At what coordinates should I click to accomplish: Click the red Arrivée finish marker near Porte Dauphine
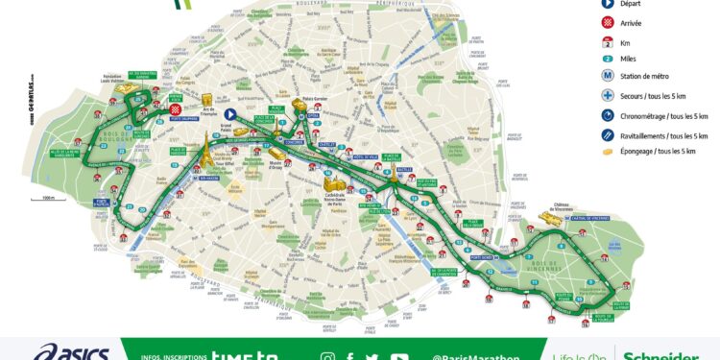[176, 109]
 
